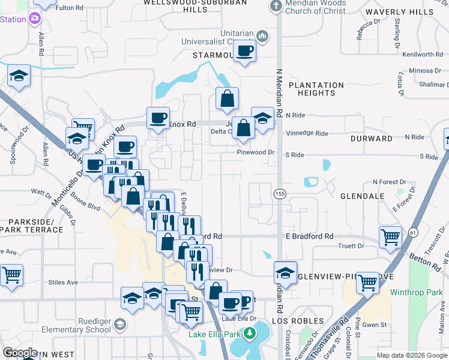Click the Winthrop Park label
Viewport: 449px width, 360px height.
[x=424, y=292]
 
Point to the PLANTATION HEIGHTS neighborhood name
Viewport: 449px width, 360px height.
[x=316, y=89]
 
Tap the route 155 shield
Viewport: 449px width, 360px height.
[x=280, y=194]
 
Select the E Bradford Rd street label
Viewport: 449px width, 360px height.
[x=309, y=236]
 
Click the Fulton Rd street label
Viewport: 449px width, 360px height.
[x=68, y=8]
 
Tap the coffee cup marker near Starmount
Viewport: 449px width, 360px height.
[x=244, y=52]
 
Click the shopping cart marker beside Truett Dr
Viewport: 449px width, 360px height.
[x=390, y=238]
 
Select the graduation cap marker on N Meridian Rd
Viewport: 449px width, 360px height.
[x=285, y=272]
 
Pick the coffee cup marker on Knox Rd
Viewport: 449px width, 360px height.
[x=158, y=118]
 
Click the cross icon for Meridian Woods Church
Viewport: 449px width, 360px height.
[x=276, y=7]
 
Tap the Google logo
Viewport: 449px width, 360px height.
[x=20, y=352]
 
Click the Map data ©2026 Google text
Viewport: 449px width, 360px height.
[x=411, y=355]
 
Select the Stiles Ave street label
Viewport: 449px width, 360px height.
[x=64, y=281]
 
